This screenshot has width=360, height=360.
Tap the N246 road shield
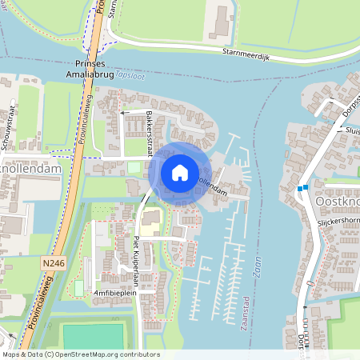(54, 262)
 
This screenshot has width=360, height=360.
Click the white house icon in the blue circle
(180, 172)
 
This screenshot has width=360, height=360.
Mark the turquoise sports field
(94, 336)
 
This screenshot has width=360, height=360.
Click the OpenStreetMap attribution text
(80, 354)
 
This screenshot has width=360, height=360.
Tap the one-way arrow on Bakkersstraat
(124, 114)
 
